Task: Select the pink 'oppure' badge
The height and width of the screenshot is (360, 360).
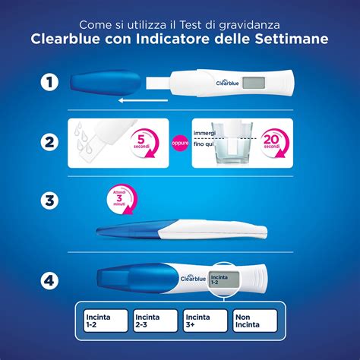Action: click(180, 141)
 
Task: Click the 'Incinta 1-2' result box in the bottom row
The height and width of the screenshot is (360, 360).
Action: click(103, 319)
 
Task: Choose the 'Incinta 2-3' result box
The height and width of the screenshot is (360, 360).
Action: click(154, 319)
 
